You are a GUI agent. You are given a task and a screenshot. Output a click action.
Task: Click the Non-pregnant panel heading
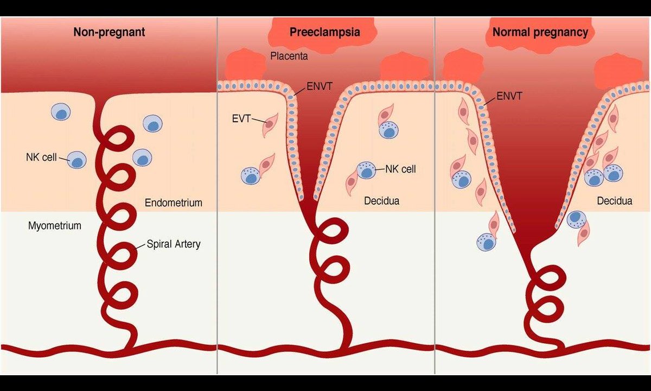109,32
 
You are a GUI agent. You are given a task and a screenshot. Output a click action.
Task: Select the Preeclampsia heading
325,32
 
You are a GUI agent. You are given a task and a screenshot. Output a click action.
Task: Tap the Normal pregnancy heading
540,32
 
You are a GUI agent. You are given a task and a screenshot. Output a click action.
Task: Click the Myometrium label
54,225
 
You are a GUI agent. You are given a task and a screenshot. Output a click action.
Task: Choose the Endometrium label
174,203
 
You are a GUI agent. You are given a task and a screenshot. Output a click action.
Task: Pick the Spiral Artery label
173,244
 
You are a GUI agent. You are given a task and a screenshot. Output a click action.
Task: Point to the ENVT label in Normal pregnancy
509,97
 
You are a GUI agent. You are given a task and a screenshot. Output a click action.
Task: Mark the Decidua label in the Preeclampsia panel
382,201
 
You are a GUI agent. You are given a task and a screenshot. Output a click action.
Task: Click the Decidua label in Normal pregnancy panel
615,201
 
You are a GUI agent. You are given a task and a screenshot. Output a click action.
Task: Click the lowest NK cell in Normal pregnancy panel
487,242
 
